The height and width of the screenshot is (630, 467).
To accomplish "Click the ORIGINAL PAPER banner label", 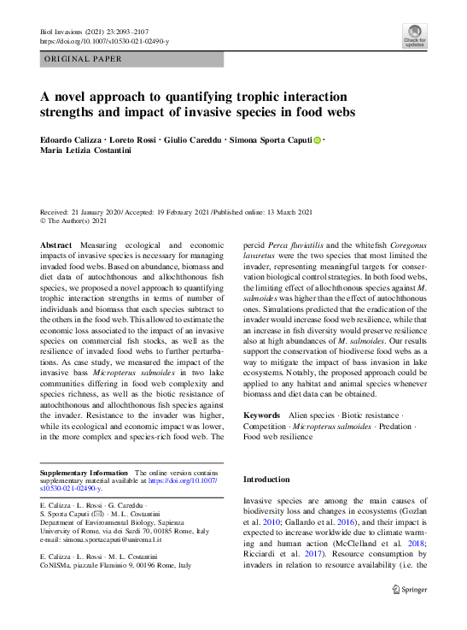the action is pyautogui.click(x=82, y=59).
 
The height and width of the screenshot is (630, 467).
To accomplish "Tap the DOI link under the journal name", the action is pyautogui.click(x=105, y=41).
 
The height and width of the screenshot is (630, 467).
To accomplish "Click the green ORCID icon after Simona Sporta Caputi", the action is pyautogui.click(x=316, y=140).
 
